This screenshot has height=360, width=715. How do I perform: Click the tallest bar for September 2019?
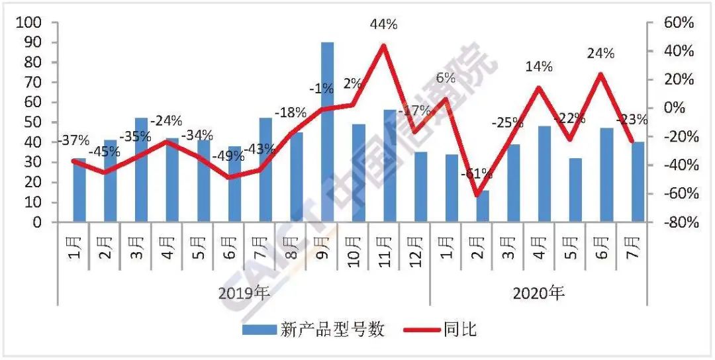coord(327,132)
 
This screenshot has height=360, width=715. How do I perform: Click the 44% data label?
coord(384,24)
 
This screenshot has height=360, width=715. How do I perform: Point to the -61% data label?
coord(476,174)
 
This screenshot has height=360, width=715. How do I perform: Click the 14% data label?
coord(539,66)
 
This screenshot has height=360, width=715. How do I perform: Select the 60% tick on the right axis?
coord(679,22)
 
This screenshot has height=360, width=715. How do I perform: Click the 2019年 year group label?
coord(244,293)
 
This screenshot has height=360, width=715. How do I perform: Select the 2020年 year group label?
coord(539,293)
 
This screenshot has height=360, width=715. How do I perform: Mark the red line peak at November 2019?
coord(384,45)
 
